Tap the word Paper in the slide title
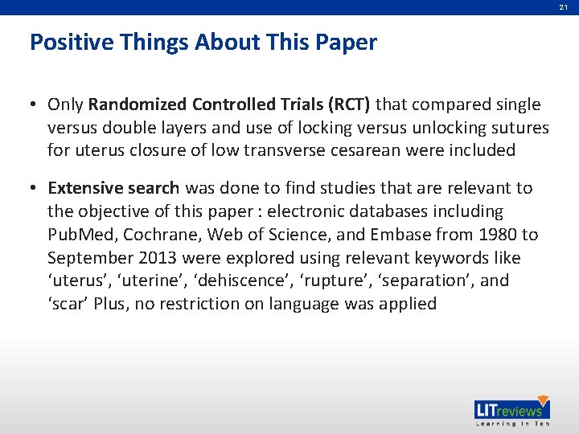coord(347,42)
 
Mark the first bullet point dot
coord(35,105)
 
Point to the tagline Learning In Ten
coord(512,424)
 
